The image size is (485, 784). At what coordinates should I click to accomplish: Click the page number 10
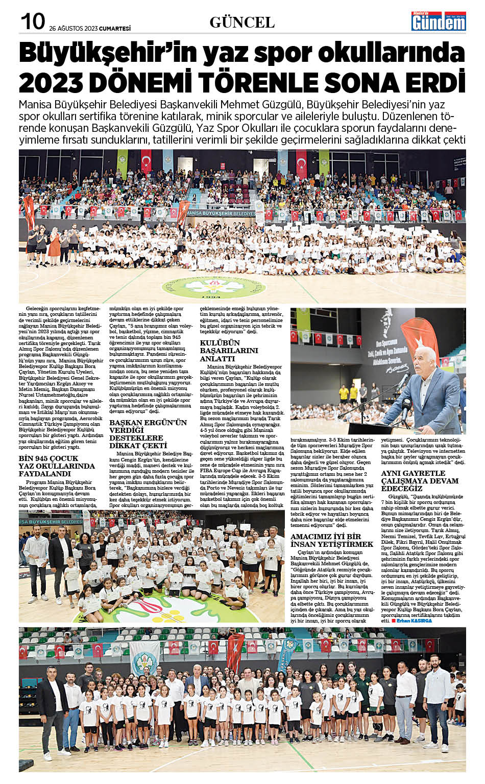tap(33, 21)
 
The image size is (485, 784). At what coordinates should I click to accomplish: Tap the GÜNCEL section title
tap(242, 22)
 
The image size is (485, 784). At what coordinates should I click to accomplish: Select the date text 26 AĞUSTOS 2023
tap(74, 29)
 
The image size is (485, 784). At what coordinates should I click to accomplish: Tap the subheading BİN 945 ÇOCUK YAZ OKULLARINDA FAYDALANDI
tap(57, 466)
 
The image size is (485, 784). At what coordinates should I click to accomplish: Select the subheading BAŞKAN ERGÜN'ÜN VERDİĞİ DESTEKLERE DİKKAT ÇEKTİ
tap(148, 434)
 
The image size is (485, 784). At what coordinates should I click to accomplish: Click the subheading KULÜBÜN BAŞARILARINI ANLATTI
tap(229, 351)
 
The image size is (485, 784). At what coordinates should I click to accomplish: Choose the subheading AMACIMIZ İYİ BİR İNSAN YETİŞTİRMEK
tap(332, 540)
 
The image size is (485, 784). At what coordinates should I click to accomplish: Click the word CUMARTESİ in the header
tap(115, 29)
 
